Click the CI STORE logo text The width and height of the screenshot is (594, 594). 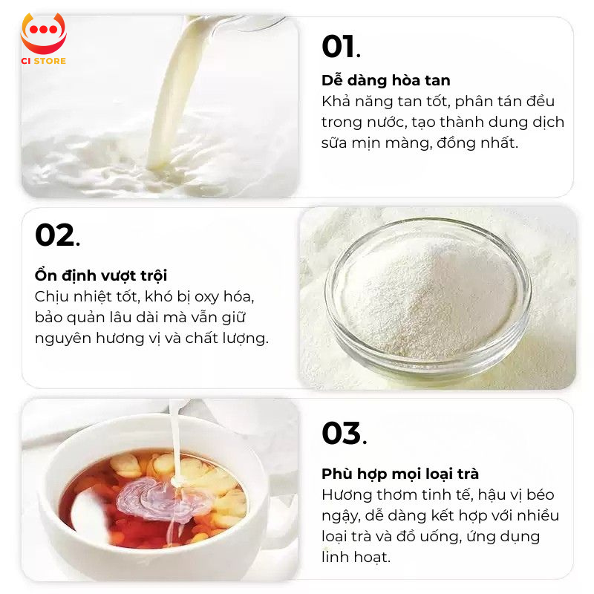click(x=44, y=61)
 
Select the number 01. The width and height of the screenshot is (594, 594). click(x=341, y=47)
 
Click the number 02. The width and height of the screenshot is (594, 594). click(x=58, y=235)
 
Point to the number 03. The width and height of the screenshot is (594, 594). click(x=345, y=433)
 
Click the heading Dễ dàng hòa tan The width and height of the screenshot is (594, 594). click(x=386, y=80)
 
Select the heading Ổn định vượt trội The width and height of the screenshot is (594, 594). click(x=101, y=275)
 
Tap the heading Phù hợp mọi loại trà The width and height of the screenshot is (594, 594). click(x=400, y=474)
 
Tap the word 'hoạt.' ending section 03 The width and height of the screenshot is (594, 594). click(x=372, y=557)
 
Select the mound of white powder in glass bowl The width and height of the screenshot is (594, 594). click(x=429, y=299)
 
